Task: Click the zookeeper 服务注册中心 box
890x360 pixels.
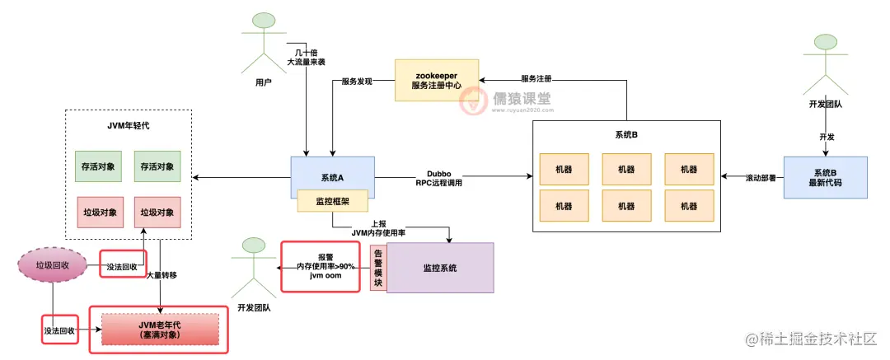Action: tap(436, 80)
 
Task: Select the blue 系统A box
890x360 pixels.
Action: tap(332, 177)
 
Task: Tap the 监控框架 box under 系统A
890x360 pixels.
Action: tap(332, 200)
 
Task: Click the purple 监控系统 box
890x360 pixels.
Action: tap(440, 268)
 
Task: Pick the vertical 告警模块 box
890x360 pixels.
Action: tap(378, 267)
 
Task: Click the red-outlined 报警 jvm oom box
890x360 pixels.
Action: tap(321, 266)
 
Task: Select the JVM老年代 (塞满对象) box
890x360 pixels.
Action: tap(159, 330)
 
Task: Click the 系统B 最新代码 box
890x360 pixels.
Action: tap(825, 177)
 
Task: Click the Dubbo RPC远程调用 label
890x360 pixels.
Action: tap(438, 178)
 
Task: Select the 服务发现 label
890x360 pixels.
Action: tap(357, 82)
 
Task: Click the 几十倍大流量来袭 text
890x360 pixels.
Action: tap(307, 55)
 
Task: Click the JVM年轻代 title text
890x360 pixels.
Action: tap(129, 125)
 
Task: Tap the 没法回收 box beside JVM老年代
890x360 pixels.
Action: tap(59, 330)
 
